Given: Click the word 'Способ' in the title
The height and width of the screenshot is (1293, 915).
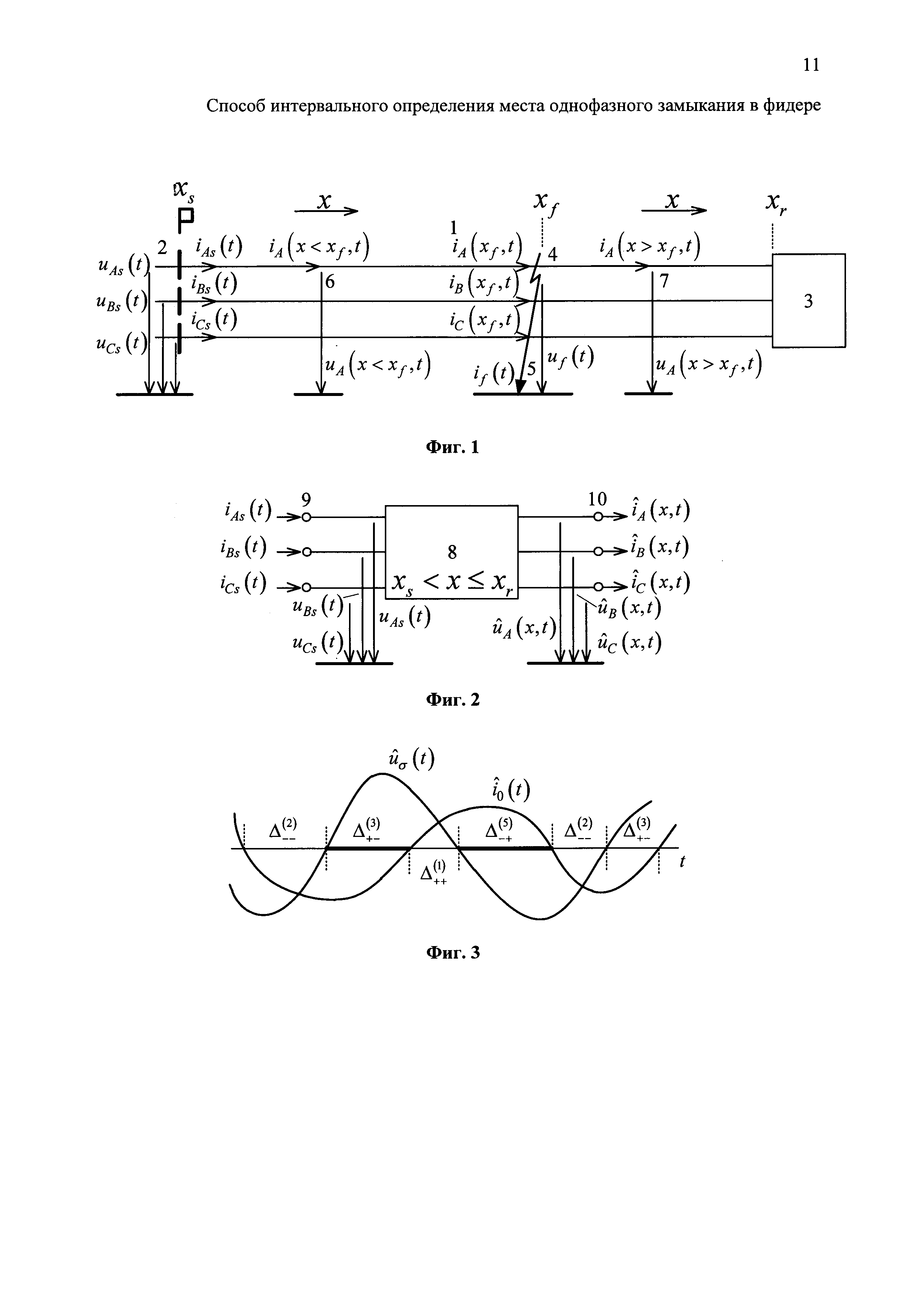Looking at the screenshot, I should (236, 106).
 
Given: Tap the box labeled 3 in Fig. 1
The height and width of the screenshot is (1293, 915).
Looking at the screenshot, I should (808, 301).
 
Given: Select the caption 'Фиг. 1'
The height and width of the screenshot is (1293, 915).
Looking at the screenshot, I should (452, 447).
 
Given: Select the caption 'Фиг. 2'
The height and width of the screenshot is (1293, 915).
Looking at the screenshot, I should (452, 699).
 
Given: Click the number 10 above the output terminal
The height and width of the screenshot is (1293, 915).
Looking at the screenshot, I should (597, 499).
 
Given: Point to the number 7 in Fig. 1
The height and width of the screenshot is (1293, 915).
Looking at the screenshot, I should (664, 281).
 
